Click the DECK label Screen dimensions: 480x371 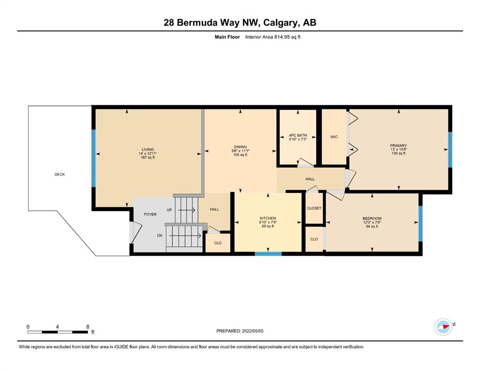point(59,174)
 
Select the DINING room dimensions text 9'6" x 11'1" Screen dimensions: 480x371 point(240,151)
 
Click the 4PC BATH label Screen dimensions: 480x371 point(298,135)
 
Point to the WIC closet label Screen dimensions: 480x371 point(334,137)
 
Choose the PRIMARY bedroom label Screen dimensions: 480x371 point(398,145)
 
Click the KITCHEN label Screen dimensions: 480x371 point(268,218)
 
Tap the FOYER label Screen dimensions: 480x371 point(150,214)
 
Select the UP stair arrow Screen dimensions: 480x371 point(187,210)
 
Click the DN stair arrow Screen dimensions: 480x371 point(185,236)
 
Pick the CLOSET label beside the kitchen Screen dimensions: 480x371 point(314,208)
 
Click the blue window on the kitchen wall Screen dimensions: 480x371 point(268,254)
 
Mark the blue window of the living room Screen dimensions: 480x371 point(94,158)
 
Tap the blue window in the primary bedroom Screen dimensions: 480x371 point(450,150)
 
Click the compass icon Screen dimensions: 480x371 point(443,327)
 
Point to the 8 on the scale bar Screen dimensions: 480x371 point(87,327)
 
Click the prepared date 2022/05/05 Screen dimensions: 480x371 point(252,331)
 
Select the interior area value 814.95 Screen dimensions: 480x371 point(282,37)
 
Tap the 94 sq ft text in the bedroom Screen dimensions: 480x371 point(372,227)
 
